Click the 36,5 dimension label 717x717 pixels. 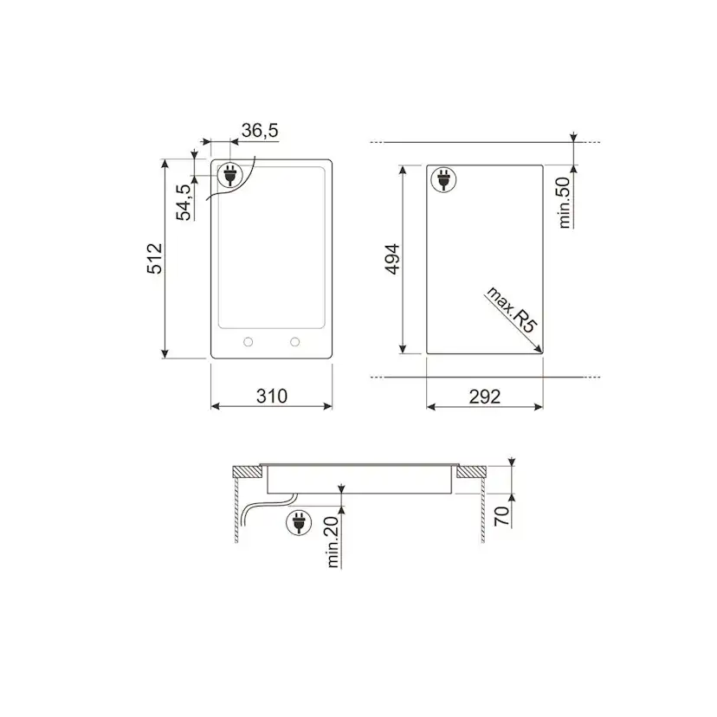point(260,131)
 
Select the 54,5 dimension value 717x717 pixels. point(184,202)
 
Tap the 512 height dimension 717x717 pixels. point(155,259)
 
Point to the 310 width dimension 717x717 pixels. point(272,396)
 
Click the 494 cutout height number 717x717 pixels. point(392,259)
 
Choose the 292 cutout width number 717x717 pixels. point(485,397)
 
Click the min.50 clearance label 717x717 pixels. point(565,203)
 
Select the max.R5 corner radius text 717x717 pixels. point(511,309)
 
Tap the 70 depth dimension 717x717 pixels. point(501,516)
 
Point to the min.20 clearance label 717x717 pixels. point(333,542)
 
